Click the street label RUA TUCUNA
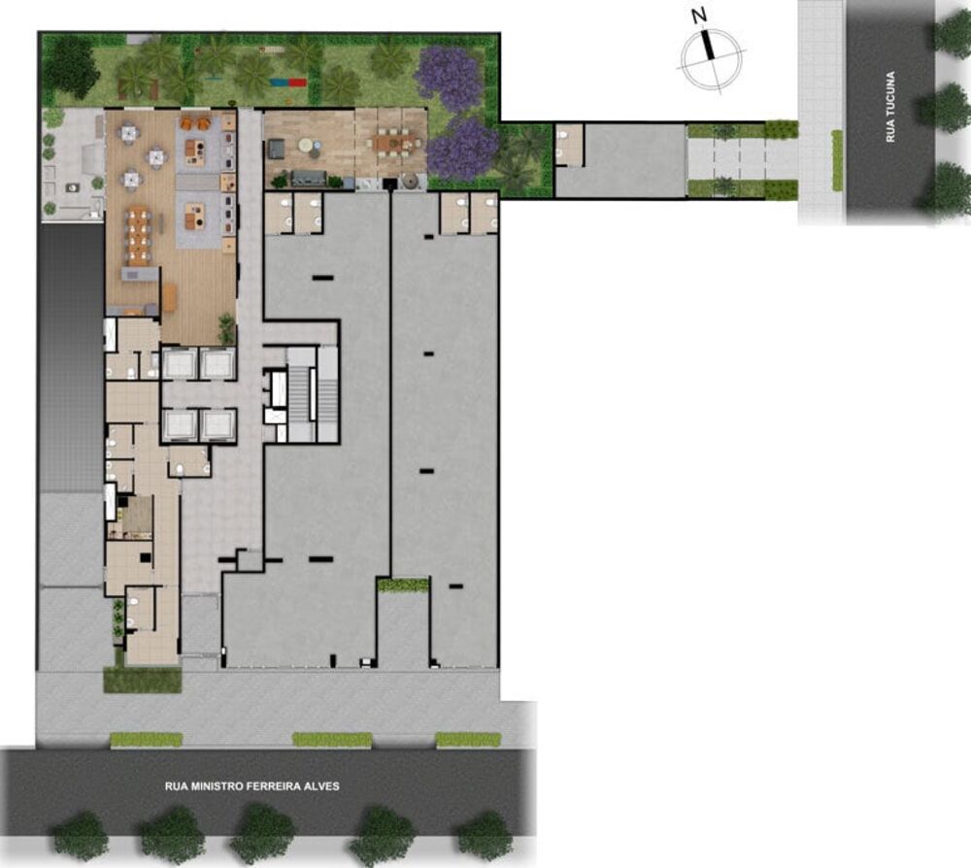point(889,108)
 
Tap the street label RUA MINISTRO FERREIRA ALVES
point(252,785)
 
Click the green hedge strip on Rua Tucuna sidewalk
point(837,160)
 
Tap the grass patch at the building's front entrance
point(142,679)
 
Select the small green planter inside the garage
point(402,584)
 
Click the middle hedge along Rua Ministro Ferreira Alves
point(332,740)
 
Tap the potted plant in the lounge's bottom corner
point(226,328)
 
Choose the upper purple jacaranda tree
point(449,76)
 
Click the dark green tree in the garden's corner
point(70,66)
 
